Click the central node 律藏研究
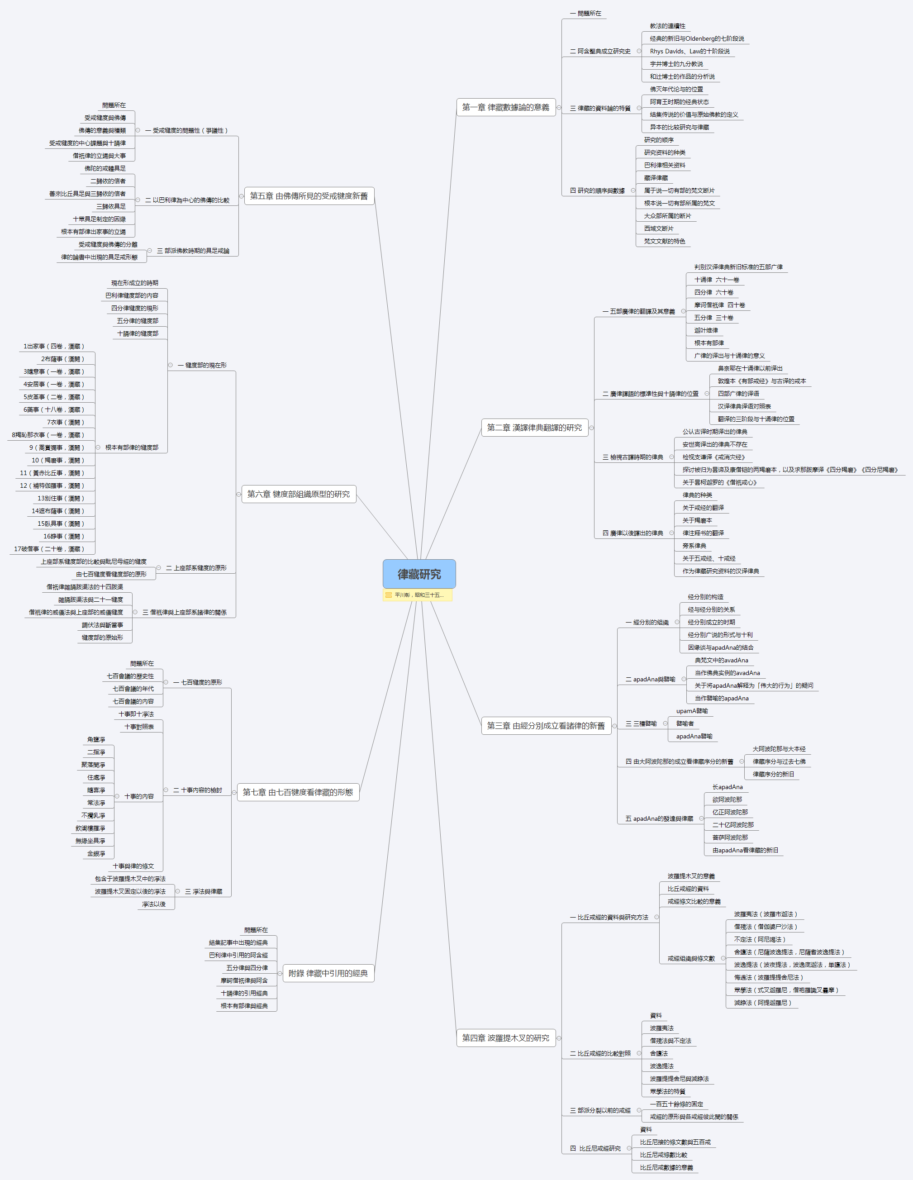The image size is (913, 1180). coord(419,574)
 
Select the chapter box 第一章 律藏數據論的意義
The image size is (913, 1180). coord(506,107)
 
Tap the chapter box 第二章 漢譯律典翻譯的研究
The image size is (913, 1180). coord(534,428)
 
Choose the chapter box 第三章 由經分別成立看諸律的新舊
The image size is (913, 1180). coord(546,726)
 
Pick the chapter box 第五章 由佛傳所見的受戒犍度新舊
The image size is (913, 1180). coord(309,195)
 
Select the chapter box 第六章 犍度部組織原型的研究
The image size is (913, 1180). coord(298,494)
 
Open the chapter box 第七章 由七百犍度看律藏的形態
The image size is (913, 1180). coord(298,792)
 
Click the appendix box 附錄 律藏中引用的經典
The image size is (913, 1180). coord(328,973)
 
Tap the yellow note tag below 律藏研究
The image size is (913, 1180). coord(418,595)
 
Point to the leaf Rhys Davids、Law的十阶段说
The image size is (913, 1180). coord(690,51)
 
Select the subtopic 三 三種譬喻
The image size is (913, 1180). coord(641,723)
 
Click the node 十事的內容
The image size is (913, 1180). coord(139,796)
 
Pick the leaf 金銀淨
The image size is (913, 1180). coord(96,854)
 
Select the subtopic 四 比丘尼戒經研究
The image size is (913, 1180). coord(595,1148)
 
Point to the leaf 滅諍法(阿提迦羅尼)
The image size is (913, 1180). coord(762,1003)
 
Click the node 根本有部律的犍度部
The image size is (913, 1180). coord(132,447)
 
